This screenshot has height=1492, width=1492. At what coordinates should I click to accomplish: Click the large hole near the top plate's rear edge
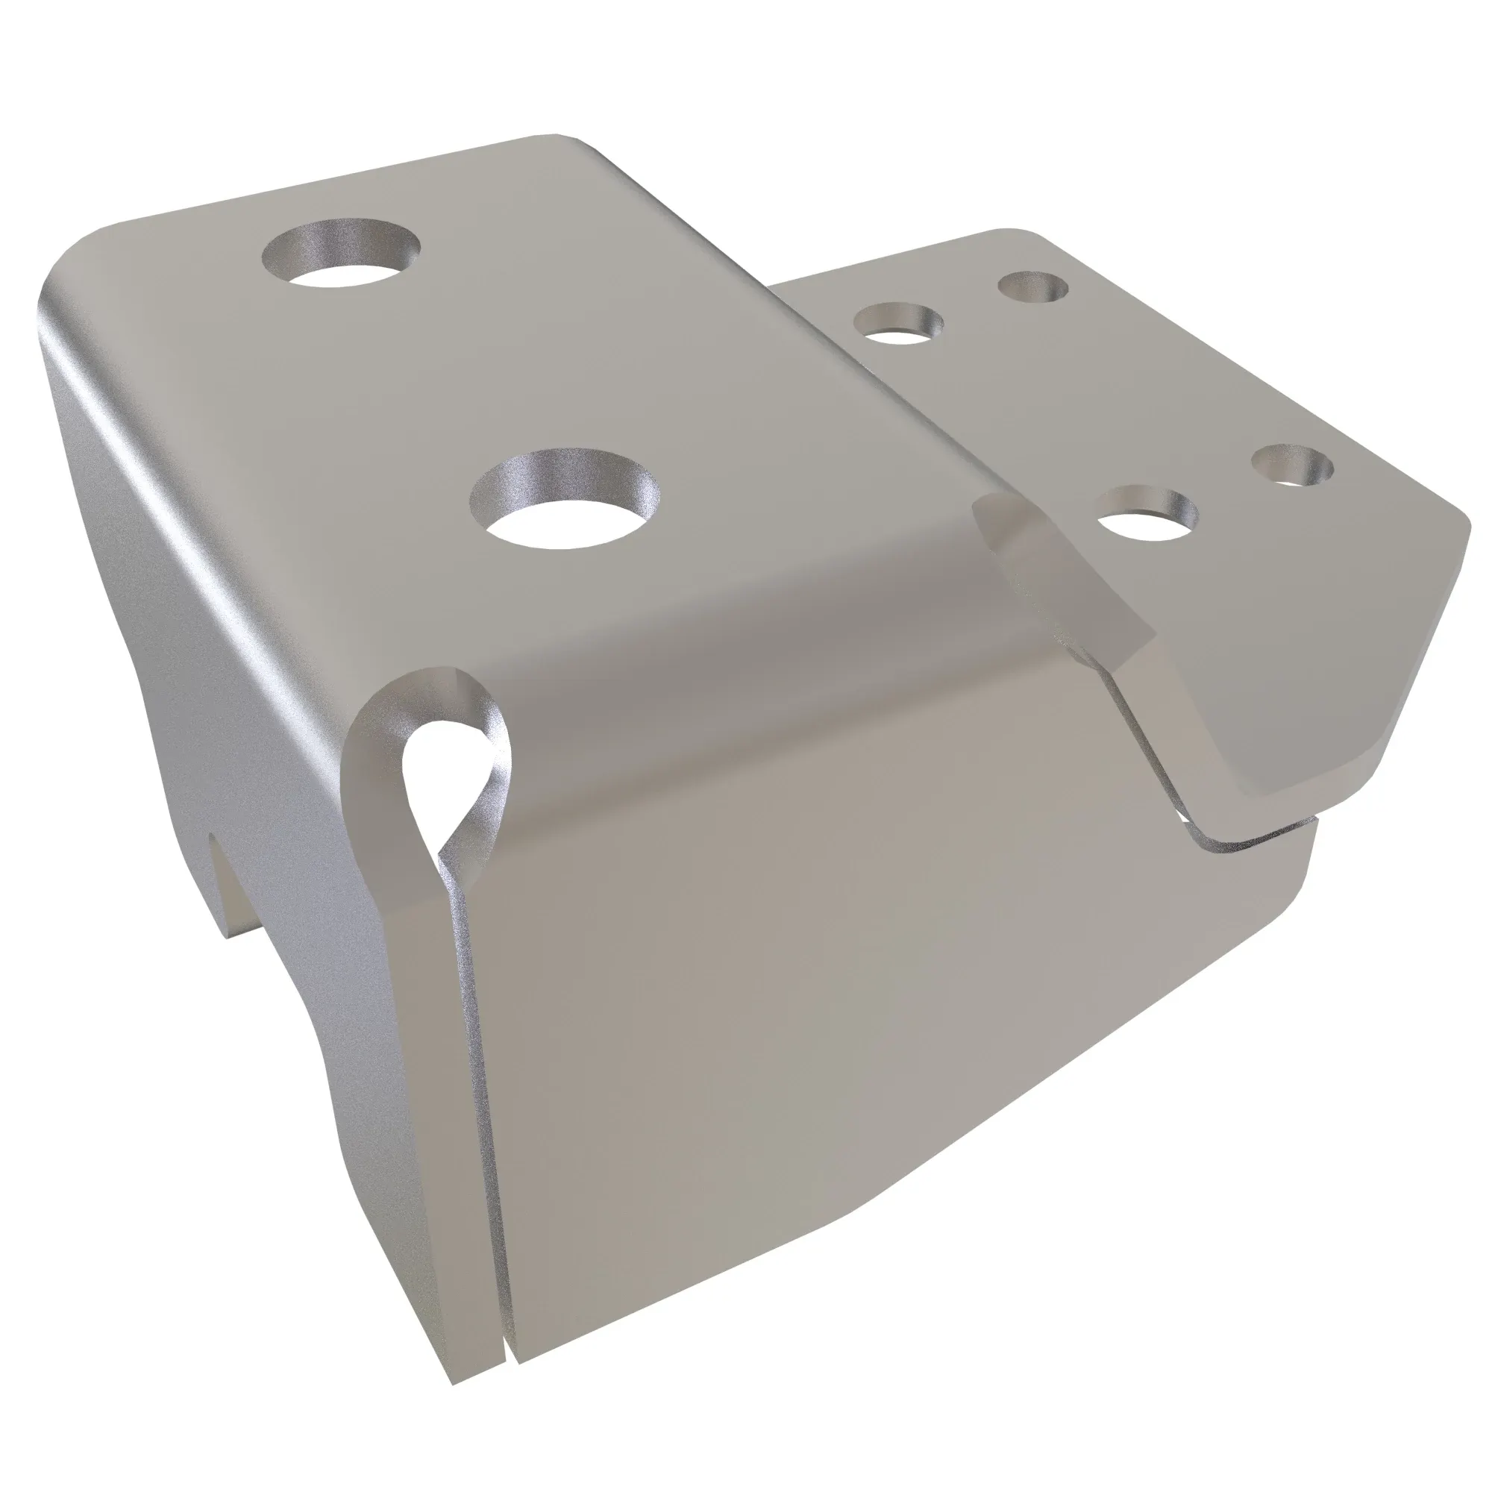pos(342,257)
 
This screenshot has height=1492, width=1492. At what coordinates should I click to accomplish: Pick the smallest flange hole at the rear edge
pos(1033,287)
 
